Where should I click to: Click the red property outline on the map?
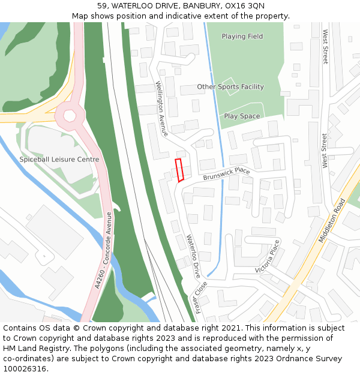coord(179,170)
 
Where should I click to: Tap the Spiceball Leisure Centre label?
coord(59,160)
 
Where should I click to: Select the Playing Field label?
coord(242,37)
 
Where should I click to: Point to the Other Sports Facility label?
coord(230,87)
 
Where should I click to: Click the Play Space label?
coord(242,116)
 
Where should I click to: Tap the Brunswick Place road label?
coord(226,174)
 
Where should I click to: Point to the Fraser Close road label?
coord(200,297)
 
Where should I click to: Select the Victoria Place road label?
coord(268,256)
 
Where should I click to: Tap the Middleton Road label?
coord(332,221)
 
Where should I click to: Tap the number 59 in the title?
coord(102,5)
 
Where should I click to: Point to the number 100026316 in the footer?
coord(25,368)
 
